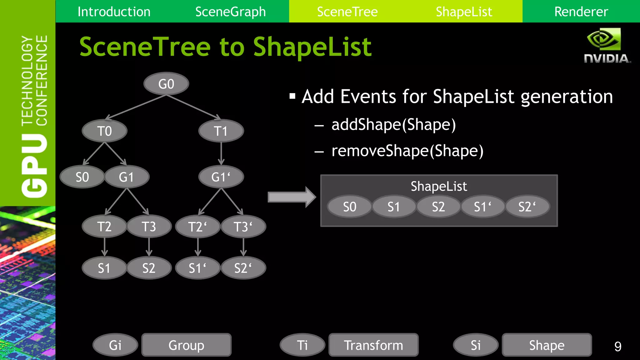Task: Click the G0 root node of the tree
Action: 166,84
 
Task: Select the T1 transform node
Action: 221,131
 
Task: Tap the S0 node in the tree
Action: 82,177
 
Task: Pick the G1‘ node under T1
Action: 221,177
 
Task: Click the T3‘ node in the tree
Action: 243,227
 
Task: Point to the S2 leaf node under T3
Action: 149,268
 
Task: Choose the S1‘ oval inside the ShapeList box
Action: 482,207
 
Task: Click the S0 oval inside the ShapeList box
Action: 349,207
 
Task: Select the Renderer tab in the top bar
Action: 581,12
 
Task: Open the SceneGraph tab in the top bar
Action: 230,12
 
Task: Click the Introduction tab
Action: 114,12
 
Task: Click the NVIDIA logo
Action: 606,45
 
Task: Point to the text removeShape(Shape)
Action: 407,151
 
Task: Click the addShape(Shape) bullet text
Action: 393,125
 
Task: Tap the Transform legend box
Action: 373,345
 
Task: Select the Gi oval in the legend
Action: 115,345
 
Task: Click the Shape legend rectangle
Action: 547,345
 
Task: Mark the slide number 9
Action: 617,346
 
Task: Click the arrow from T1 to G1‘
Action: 221,153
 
